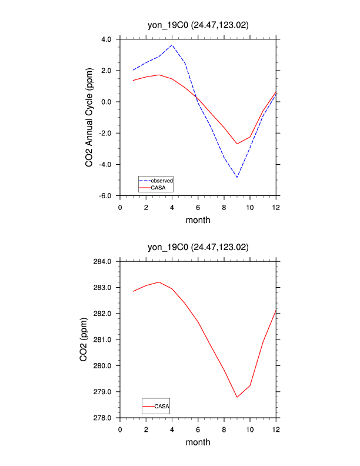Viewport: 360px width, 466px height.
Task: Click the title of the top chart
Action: (198, 25)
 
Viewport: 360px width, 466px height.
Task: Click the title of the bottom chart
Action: (198, 247)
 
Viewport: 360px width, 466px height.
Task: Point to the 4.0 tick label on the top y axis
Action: (106, 39)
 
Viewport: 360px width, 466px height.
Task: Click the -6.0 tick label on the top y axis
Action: (105, 195)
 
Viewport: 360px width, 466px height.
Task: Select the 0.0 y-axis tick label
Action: (106, 102)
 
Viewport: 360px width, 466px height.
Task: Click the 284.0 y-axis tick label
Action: (104, 261)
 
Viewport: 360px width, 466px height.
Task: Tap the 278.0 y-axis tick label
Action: (104, 418)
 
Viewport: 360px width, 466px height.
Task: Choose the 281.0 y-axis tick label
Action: (104, 339)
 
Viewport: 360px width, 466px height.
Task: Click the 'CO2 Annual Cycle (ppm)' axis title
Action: (89, 117)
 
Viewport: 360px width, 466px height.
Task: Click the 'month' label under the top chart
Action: (198, 221)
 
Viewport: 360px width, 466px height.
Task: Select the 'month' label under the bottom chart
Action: (198, 442)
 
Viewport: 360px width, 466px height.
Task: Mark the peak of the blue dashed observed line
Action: (172, 45)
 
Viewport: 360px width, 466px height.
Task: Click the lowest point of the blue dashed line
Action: (237, 177)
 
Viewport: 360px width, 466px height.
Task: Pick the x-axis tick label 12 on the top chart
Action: (276, 207)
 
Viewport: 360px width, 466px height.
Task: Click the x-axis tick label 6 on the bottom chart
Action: (198, 429)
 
